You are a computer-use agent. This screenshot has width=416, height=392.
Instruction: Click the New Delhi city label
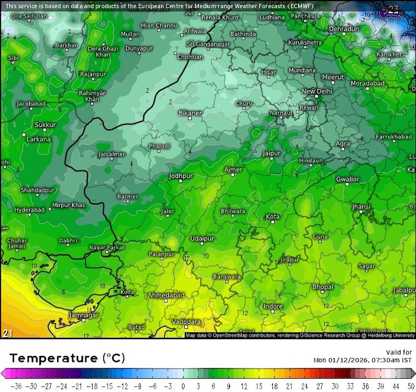(317, 91)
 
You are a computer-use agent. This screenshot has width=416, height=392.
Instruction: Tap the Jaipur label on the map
(271, 153)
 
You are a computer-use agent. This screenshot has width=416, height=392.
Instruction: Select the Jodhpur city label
(180, 176)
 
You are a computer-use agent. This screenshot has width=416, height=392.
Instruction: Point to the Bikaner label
(190, 113)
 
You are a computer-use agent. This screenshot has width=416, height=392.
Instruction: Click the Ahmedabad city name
(165, 295)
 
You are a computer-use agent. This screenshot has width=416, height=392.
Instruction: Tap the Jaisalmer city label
(111, 154)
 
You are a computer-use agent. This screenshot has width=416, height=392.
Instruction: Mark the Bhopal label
(323, 287)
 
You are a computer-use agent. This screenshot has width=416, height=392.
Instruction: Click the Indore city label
(273, 306)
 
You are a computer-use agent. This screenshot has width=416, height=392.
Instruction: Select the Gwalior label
(347, 179)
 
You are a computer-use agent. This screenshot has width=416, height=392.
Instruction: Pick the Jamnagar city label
(68, 315)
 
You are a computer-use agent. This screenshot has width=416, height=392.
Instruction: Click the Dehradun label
(344, 28)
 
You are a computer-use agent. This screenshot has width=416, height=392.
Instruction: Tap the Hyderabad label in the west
(29, 210)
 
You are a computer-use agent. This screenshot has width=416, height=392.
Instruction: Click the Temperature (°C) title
(67, 358)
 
